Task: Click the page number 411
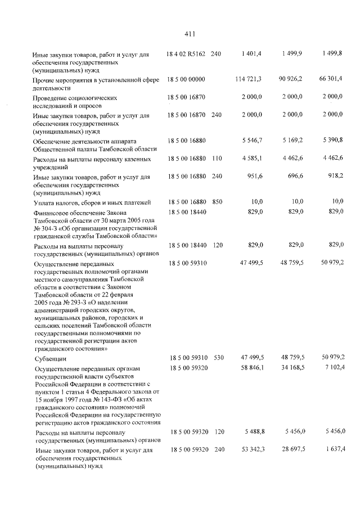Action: (x=189, y=34)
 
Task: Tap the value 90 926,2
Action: (x=290, y=80)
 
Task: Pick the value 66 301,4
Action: (x=331, y=80)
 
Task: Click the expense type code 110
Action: (x=216, y=160)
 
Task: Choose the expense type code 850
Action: (x=216, y=201)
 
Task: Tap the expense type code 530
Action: (x=216, y=357)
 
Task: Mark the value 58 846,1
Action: (x=250, y=367)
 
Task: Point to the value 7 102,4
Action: (x=333, y=367)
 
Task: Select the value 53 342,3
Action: (x=250, y=451)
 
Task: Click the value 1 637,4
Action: (x=333, y=451)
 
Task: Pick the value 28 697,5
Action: (x=291, y=451)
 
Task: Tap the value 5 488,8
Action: (x=251, y=431)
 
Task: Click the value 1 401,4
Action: (x=251, y=54)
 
